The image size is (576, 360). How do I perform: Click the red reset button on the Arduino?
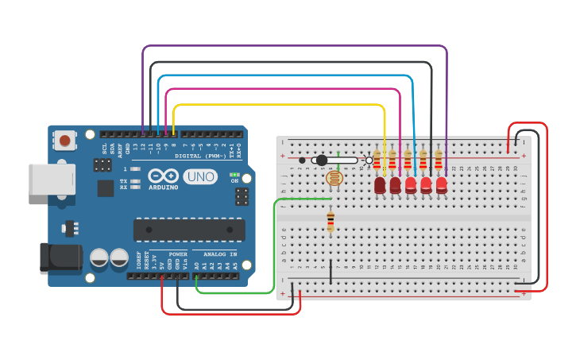point(64,141)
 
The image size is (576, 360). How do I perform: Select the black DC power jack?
point(60,257)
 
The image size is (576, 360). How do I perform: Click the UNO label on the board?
point(200,176)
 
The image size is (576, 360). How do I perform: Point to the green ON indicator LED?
point(234,174)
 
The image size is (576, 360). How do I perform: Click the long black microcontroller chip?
point(189,230)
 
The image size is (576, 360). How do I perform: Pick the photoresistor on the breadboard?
point(334,178)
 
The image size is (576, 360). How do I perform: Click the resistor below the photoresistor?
point(331,221)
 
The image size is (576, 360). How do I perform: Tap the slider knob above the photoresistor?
point(322,160)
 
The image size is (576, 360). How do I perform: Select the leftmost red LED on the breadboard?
point(380,185)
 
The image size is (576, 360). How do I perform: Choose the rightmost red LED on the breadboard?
point(441,185)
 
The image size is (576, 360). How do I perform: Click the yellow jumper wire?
point(278,105)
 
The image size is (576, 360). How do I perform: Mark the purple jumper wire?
point(294,47)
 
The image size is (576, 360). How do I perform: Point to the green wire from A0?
point(238,292)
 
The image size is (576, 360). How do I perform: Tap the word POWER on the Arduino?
point(178,254)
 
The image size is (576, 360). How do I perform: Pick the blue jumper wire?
point(286,76)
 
